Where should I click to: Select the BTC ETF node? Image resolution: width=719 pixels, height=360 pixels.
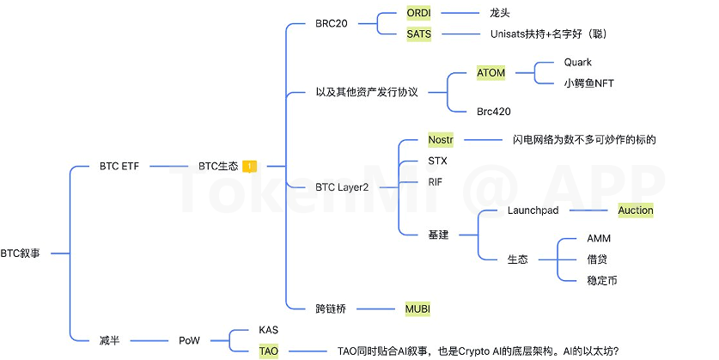coord(119,166)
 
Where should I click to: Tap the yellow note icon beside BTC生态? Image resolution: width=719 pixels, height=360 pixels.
coord(248,166)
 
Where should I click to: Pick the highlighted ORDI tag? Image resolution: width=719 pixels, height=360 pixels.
coord(420,14)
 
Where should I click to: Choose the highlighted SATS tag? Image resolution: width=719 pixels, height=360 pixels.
coord(419,34)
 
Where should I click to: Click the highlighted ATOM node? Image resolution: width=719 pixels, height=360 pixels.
coord(491,73)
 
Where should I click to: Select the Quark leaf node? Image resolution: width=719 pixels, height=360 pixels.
coord(577,63)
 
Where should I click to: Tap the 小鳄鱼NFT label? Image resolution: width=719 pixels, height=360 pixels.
coord(588,83)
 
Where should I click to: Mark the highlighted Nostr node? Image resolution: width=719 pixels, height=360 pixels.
coord(441,139)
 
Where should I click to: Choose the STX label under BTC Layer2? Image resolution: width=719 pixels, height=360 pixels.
coord(437,161)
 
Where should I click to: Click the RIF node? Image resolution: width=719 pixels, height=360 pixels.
coord(435,182)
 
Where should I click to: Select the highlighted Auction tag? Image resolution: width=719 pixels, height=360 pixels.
coord(636,211)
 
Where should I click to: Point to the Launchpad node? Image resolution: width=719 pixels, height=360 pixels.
coord(533,211)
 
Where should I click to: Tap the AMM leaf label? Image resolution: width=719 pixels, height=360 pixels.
coord(599,238)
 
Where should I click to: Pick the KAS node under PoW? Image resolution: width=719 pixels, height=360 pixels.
coord(268,330)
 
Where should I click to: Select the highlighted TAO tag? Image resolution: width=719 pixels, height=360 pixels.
coord(268,351)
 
